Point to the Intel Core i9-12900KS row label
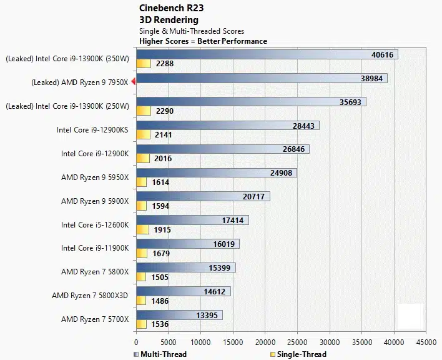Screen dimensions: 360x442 click(x=92, y=130)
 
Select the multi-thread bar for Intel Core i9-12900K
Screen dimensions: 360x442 click(x=222, y=149)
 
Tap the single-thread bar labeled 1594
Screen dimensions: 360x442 click(x=141, y=206)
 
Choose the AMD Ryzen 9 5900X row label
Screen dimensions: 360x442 click(x=95, y=201)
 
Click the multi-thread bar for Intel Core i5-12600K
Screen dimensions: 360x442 click(x=192, y=220)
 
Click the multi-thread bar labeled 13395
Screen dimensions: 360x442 click(x=179, y=315)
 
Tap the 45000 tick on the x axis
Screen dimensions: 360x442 click(x=426, y=342)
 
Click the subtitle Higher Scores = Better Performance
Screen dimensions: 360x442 click(x=203, y=41)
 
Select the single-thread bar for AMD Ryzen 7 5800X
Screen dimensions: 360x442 click(x=141, y=277)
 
